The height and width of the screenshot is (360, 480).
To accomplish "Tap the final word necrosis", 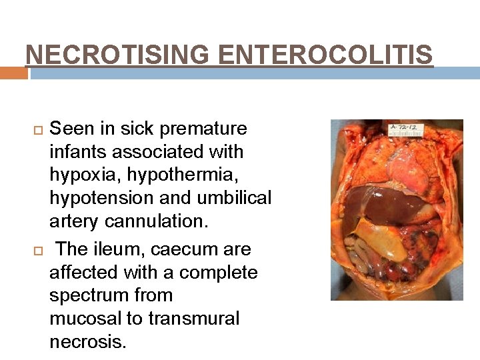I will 87,341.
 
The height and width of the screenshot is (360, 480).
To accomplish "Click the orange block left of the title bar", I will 14,73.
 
